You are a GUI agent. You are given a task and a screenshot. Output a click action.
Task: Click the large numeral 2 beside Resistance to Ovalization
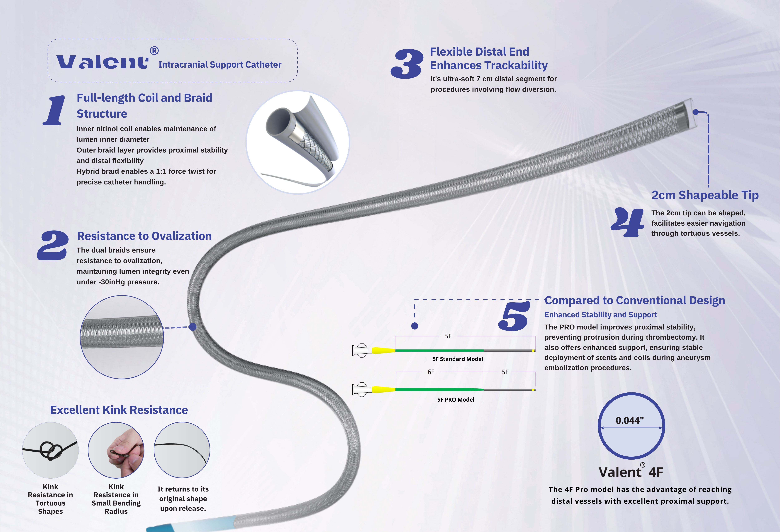[53, 245]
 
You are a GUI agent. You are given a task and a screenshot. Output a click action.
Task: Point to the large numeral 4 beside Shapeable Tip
[627, 222]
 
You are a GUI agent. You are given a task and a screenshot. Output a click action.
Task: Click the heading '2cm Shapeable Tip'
[705, 195]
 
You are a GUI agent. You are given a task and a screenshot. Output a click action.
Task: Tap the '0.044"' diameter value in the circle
[630, 420]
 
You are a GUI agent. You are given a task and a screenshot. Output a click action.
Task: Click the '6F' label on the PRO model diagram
[431, 372]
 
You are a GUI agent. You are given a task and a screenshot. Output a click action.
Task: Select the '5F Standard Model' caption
[457, 359]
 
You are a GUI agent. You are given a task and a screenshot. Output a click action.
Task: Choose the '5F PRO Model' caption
[456, 400]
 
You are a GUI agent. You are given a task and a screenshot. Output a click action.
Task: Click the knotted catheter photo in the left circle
[50, 450]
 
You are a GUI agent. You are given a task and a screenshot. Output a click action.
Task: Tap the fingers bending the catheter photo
[116, 450]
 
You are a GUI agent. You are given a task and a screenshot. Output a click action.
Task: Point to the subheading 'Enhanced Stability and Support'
[600, 315]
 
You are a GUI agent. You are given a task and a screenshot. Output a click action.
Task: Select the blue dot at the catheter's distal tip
[696, 112]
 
